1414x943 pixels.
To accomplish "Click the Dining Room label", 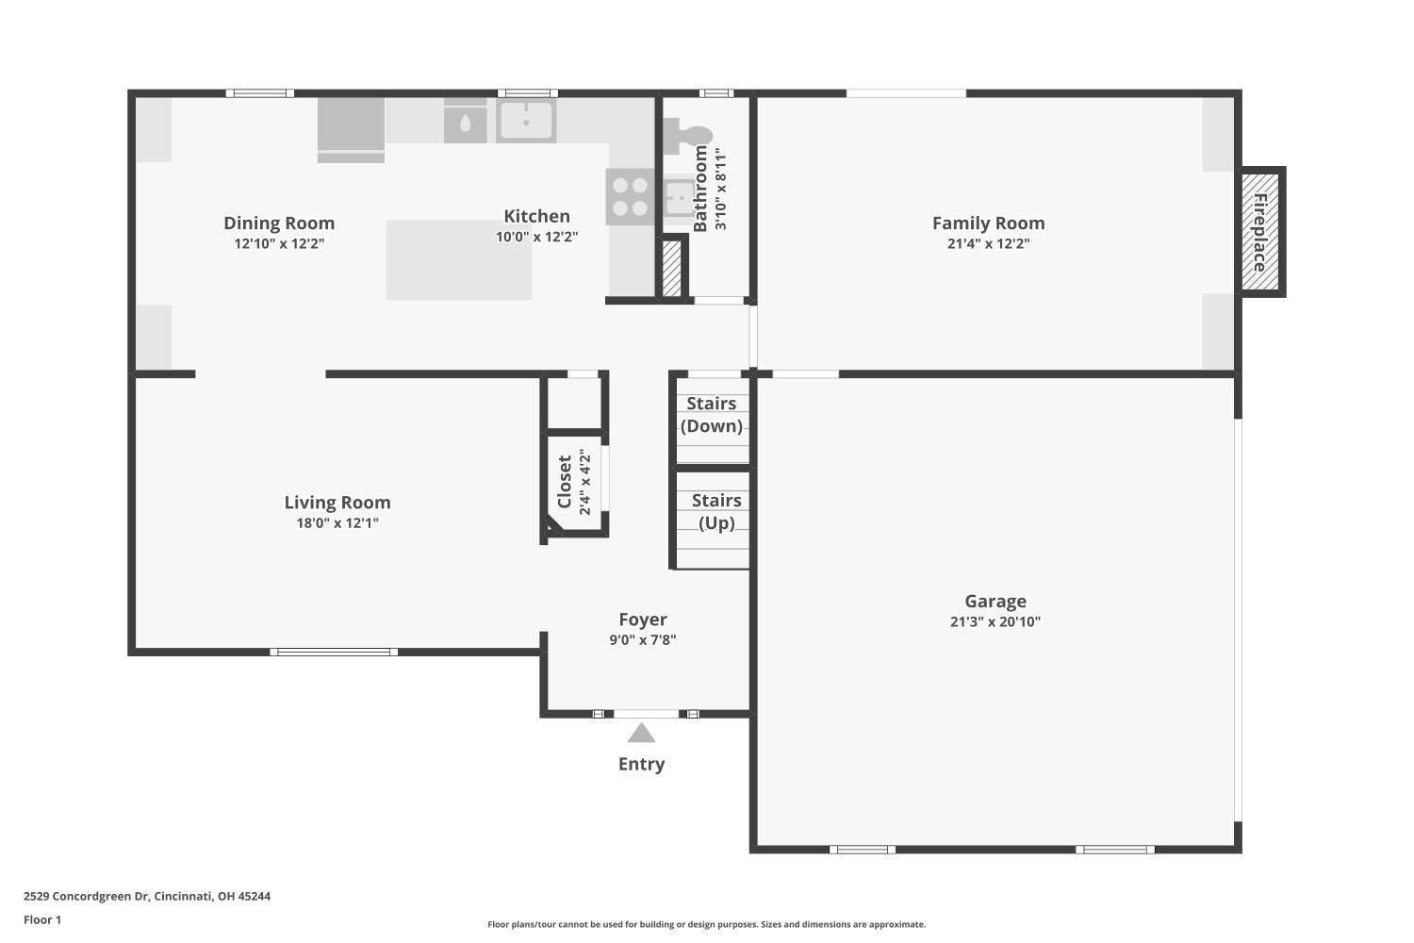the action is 279,223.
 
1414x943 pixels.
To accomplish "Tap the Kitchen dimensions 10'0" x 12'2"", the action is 536,237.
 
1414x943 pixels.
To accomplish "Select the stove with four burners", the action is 630,196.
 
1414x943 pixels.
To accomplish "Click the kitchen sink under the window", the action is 526,120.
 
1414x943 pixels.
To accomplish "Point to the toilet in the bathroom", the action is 687,136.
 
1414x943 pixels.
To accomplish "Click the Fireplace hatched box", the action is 1260,232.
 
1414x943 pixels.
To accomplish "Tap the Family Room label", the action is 989,223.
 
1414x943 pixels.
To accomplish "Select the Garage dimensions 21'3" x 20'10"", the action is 995,621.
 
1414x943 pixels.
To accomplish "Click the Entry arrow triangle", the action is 641,734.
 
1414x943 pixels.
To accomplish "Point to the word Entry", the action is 641,764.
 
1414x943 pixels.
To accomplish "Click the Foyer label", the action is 643,620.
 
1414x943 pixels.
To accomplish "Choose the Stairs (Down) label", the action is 712,414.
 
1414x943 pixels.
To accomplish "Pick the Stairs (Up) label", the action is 716,512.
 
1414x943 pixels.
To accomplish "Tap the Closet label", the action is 565,481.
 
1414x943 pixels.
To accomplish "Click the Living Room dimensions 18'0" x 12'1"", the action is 337,523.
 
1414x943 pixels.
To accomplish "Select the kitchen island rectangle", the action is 459,259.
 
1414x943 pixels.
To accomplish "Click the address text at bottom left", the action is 147,896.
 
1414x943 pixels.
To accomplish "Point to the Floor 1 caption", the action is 42,919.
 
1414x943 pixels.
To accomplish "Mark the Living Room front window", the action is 334,652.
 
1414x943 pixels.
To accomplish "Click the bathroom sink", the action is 680,196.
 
